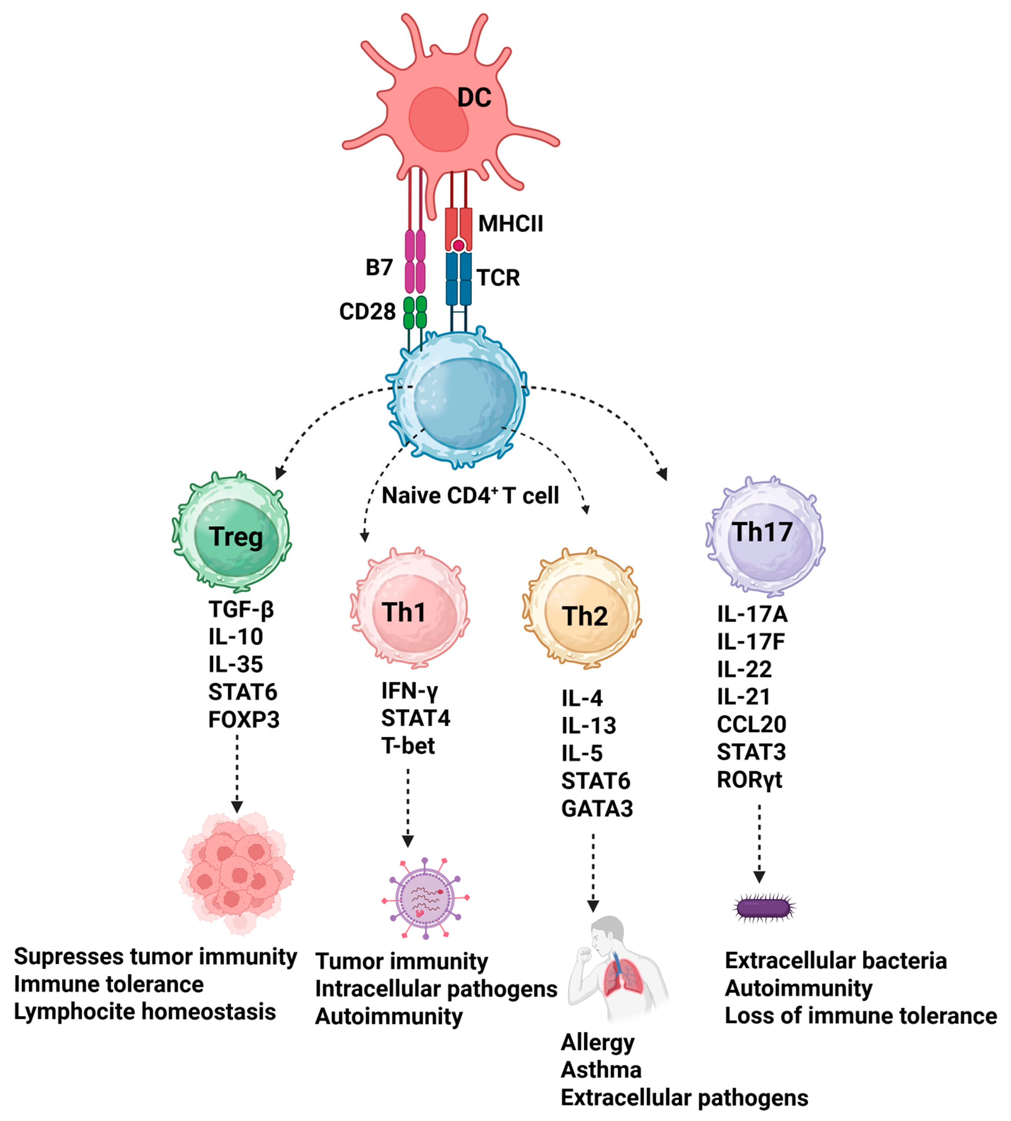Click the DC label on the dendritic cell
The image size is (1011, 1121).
coord(474,98)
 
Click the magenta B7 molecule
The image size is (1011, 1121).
coord(415,261)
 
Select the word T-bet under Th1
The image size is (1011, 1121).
coord(408,746)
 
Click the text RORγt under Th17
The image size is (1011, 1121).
coord(749,780)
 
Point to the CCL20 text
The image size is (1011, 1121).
coord(751,725)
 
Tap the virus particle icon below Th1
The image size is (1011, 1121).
coord(425,898)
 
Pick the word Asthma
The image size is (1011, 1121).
coord(601,1070)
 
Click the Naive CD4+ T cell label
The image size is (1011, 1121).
coord(470,495)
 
